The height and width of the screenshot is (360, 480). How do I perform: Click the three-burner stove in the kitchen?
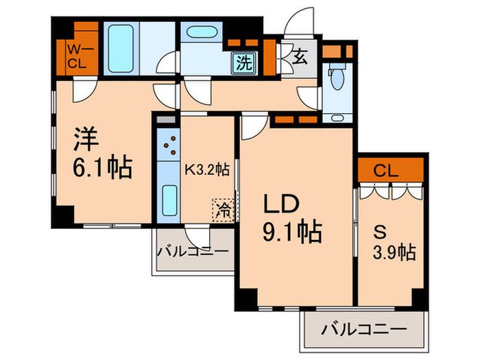168,145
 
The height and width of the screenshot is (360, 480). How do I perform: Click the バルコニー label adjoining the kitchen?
193,250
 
